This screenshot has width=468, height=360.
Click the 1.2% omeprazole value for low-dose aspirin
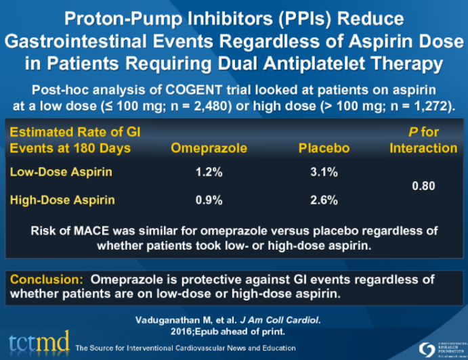click(x=209, y=173)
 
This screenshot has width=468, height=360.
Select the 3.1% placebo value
click(x=324, y=173)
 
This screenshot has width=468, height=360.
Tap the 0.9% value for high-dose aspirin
click(x=209, y=200)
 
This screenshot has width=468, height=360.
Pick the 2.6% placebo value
click(x=324, y=200)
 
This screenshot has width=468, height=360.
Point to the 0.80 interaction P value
click(x=423, y=185)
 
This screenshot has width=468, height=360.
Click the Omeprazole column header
click(x=209, y=148)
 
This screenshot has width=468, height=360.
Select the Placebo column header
click(x=324, y=148)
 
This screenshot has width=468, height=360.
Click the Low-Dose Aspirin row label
click(x=61, y=173)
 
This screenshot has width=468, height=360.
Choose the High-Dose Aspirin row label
click(x=62, y=200)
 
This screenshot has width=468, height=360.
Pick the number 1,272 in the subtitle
click(x=429, y=106)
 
